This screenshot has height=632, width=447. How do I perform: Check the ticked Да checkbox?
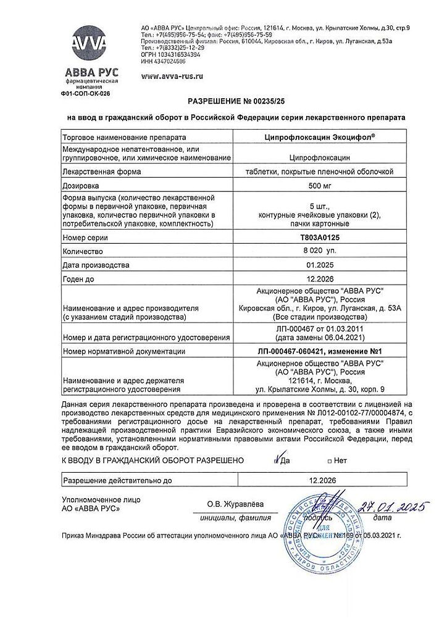click(276, 460)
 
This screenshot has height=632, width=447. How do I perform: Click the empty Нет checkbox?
click(330, 461)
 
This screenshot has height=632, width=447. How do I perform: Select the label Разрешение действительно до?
click(117, 480)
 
